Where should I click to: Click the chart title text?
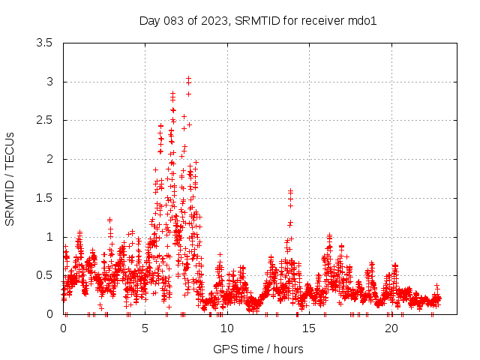coord(257,20)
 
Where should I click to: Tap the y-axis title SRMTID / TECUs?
coord(10,178)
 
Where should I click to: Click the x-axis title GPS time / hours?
coord(258,349)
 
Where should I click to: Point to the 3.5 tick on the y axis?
coord(45,43)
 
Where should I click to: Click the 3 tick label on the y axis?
coord(49,82)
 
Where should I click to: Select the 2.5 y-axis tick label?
coord(45,121)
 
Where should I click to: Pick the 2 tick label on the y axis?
coord(49,159)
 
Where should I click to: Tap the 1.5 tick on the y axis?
coord(45,198)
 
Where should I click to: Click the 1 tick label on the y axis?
coord(49,237)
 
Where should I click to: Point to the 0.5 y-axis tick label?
coord(45,275)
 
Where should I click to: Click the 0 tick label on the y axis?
coord(49,314)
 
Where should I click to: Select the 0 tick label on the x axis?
coord(64,328)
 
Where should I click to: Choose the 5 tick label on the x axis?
coord(145,328)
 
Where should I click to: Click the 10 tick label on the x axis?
coord(227,328)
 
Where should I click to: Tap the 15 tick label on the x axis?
coord(309,328)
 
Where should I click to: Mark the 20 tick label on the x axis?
coord(391,328)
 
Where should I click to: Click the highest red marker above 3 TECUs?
coord(188,77)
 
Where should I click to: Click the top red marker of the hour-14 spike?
coord(290,191)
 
